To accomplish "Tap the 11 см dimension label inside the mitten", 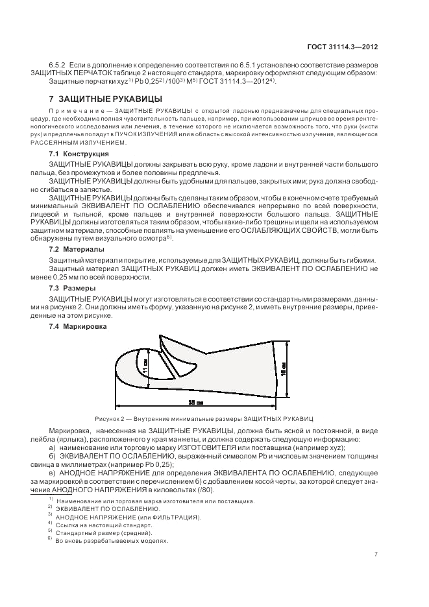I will tap(146, 366).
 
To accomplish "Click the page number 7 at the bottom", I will tap(376, 554).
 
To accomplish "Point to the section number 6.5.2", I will tap(58, 65).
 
